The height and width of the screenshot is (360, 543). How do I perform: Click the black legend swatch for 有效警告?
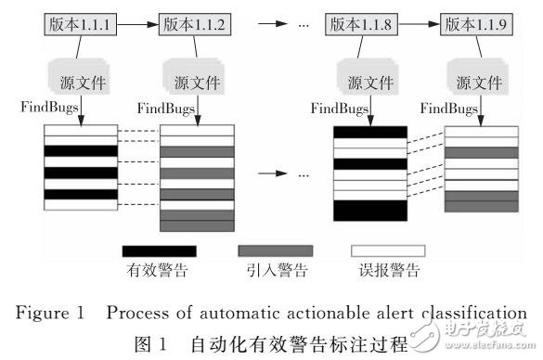coord(160,251)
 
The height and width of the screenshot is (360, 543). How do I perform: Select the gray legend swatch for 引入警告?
coord(274,251)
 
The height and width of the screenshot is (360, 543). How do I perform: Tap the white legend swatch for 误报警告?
coord(387,251)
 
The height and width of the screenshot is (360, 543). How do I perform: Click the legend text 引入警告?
coord(274,271)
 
